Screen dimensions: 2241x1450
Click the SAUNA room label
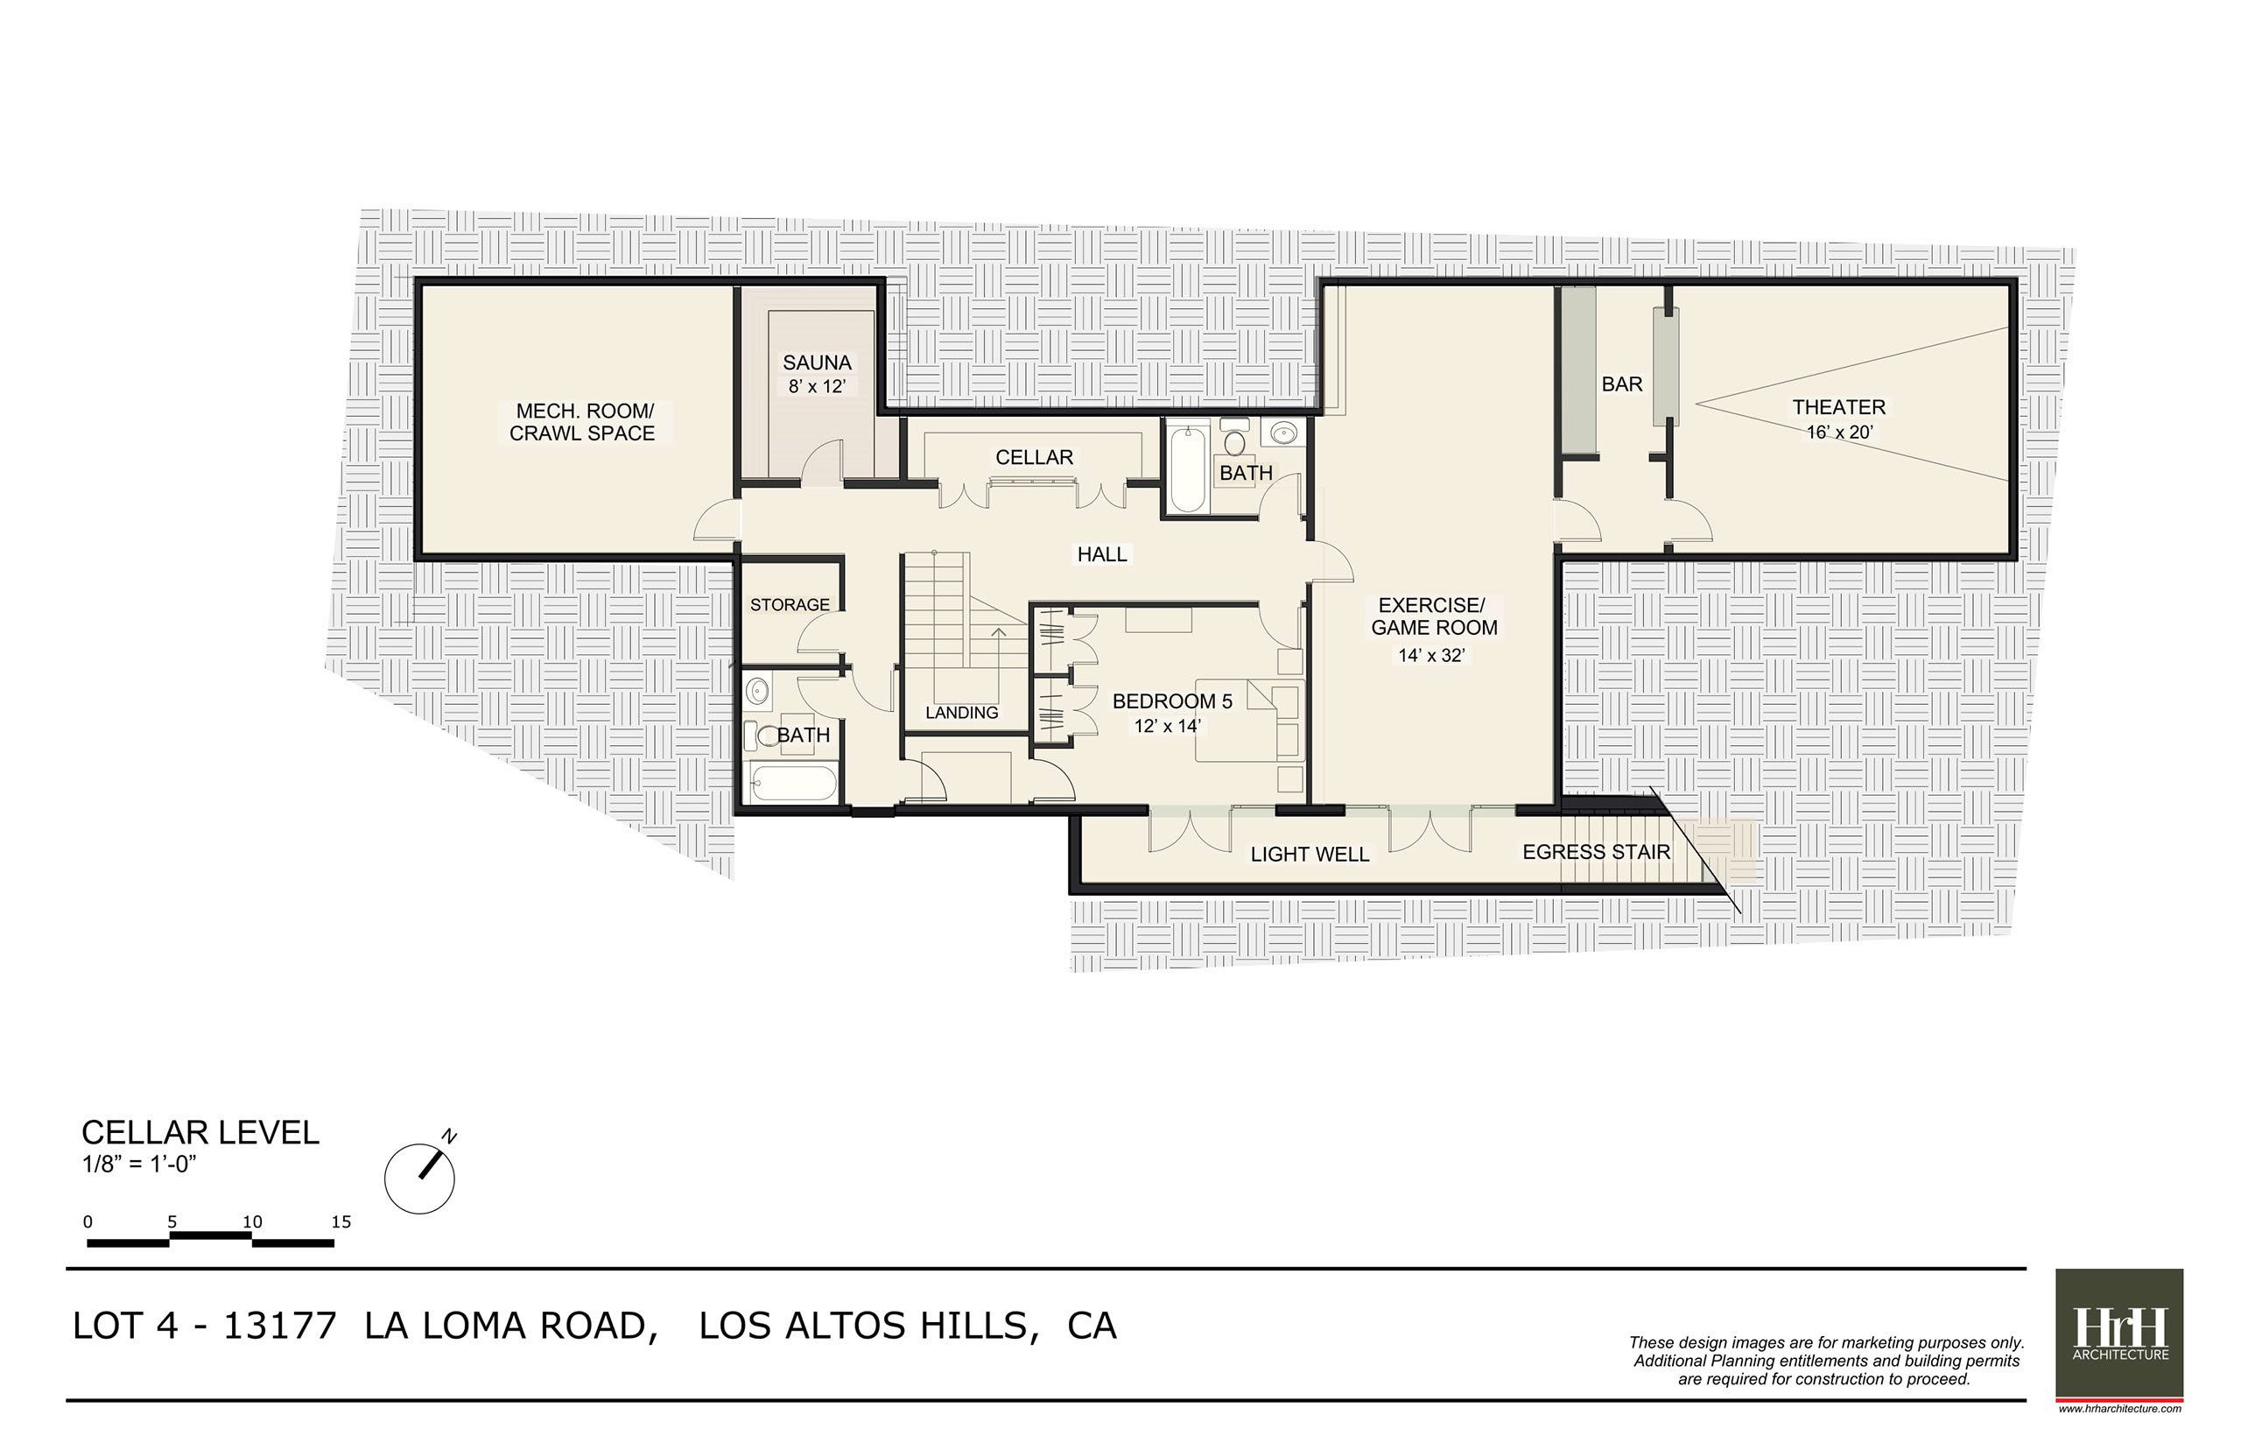(816, 362)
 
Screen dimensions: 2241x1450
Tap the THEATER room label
(1838, 407)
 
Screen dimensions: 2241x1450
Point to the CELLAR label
(1034, 458)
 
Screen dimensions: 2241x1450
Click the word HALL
(1101, 554)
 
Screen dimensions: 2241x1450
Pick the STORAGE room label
(790, 604)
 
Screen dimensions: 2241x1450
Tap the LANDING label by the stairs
(961, 713)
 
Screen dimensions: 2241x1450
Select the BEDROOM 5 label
(1172, 701)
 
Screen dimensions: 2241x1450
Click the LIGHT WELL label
(1310, 854)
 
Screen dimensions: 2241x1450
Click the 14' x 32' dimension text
(1430, 655)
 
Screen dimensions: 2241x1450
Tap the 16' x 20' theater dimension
(1839, 433)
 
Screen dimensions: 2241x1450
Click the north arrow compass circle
(420, 1178)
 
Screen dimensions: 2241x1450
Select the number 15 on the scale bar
(341, 1221)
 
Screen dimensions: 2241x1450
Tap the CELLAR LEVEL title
(200, 1132)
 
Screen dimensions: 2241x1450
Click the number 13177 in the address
(278, 1326)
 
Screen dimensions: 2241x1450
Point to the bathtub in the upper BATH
(1187, 469)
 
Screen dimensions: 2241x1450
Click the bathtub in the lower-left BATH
(793, 784)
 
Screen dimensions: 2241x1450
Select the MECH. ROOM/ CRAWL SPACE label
(583, 422)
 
